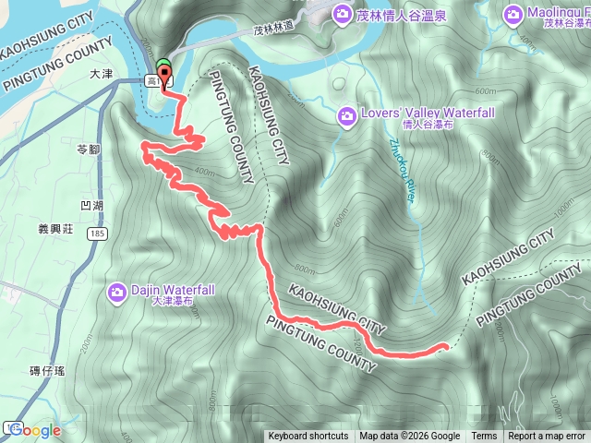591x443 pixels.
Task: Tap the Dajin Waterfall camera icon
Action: pos(116,293)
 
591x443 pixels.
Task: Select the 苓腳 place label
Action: pos(88,148)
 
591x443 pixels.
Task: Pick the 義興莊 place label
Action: pos(56,227)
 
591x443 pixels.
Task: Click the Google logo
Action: pos(35,430)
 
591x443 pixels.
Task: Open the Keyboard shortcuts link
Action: pos(308,437)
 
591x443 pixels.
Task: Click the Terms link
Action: pos(484,437)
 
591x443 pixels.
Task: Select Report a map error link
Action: pos(547,437)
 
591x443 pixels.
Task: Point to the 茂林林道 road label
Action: pos(278,30)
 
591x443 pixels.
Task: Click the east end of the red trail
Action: pos(446,346)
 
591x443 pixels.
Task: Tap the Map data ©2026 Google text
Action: pos(410,437)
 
